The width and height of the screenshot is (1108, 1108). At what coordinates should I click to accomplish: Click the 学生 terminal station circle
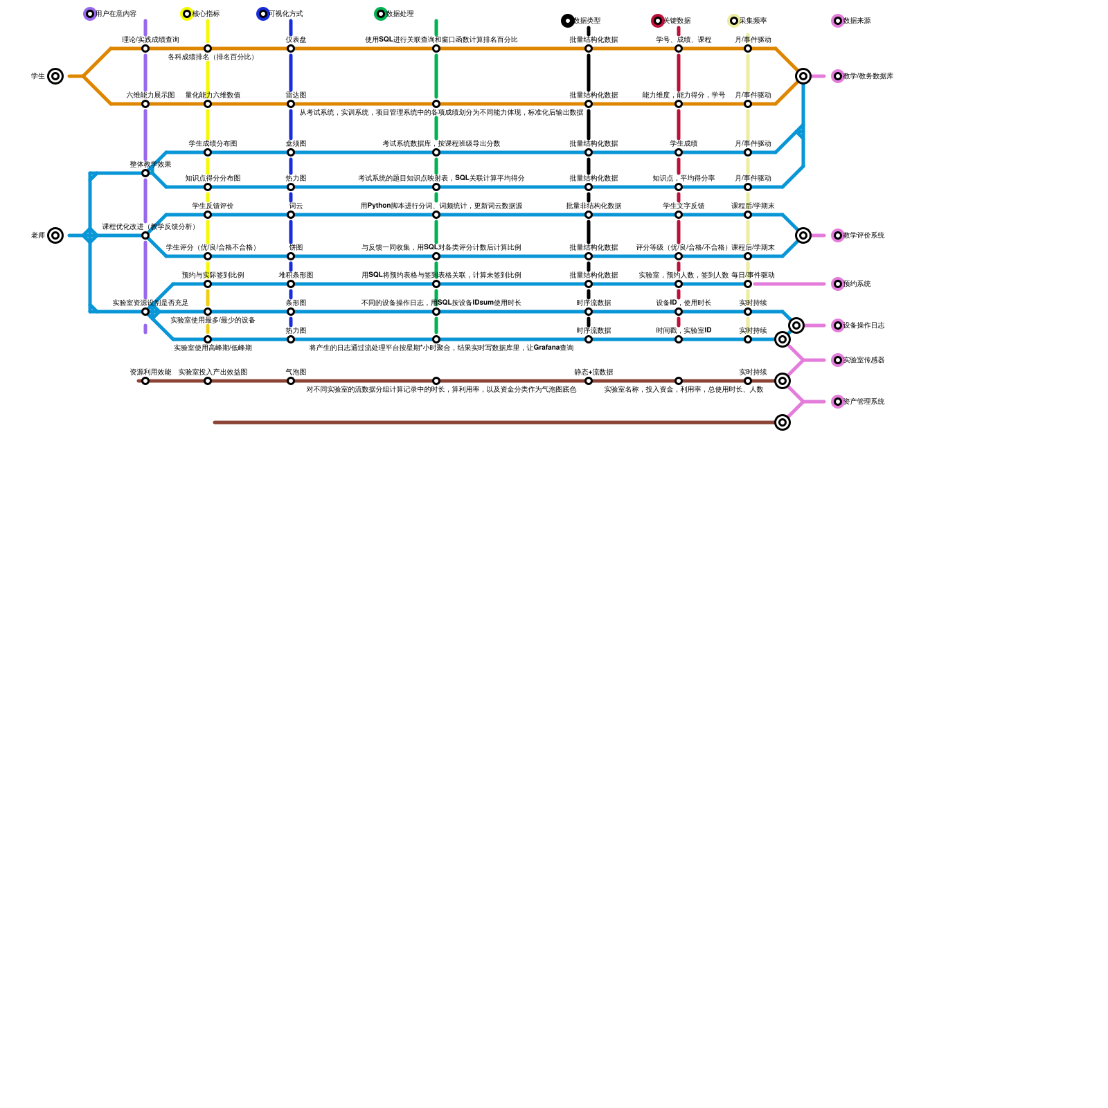click(x=55, y=76)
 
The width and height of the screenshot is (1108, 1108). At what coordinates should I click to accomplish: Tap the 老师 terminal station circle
click(x=55, y=235)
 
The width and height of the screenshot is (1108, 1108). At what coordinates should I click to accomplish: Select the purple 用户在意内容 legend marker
click(x=90, y=14)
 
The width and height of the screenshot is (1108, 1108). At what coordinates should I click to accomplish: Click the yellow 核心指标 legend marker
click(x=187, y=14)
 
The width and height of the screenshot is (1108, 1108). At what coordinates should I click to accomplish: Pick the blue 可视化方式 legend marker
click(x=263, y=14)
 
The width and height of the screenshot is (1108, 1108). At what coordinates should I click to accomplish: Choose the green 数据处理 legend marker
click(x=381, y=14)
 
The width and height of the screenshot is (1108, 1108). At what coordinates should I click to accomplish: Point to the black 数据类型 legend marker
click(x=568, y=21)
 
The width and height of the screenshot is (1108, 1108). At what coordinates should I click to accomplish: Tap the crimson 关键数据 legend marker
click(x=658, y=21)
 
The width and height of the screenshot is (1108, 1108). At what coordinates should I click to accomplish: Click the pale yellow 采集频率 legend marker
click(x=734, y=21)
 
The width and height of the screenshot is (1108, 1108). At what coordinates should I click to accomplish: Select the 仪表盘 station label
click(x=296, y=39)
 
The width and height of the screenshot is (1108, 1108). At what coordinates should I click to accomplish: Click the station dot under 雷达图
click(x=291, y=104)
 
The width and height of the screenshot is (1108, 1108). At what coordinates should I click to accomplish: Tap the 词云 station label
click(x=296, y=206)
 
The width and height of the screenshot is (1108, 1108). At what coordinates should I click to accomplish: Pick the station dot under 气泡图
click(x=291, y=381)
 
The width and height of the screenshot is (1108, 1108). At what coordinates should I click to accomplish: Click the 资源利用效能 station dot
click(x=145, y=381)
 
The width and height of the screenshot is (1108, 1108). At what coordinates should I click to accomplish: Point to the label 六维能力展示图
click(x=150, y=95)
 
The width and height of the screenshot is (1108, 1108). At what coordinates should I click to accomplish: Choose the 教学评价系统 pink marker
click(x=838, y=235)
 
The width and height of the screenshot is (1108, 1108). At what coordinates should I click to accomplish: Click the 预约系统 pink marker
click(x=838, y=284)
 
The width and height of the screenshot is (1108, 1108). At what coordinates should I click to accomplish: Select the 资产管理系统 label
click(x=864, y=402)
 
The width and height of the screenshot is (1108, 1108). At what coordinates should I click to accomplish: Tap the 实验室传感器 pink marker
click(x=838, y=360)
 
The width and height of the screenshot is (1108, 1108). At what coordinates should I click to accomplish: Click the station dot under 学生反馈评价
click(x=208, y=215)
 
